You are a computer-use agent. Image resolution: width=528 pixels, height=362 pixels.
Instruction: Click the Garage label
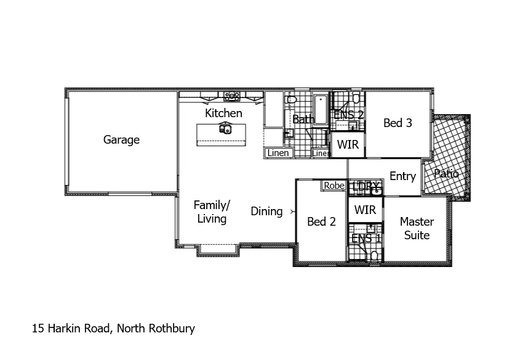121,140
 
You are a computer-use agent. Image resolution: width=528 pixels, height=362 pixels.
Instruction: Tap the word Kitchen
223,113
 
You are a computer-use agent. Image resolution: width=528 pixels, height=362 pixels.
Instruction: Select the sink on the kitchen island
225,129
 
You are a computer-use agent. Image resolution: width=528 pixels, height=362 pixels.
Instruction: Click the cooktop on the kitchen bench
232,96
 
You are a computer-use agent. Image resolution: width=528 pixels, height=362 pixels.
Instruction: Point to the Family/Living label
211,212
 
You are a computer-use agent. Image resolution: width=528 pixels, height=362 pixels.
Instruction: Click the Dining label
266,212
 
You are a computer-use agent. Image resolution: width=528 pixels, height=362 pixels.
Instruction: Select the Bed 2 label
321,221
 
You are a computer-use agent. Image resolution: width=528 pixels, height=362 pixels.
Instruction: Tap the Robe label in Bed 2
334,185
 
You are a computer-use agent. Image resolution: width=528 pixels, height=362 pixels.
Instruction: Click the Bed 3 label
398,123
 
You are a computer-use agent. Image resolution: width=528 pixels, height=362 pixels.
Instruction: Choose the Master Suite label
417,228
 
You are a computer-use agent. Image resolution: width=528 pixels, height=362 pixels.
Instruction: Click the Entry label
402,176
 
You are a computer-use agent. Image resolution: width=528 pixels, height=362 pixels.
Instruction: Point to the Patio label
446,174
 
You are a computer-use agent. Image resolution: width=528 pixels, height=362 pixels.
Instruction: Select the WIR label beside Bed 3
348,146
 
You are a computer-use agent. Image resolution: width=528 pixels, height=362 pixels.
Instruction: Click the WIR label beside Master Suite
365,210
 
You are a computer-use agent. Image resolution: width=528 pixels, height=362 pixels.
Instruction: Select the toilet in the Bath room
292,99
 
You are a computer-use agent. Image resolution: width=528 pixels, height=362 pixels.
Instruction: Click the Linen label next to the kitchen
278,153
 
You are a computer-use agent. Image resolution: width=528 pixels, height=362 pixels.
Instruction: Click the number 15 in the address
38,329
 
